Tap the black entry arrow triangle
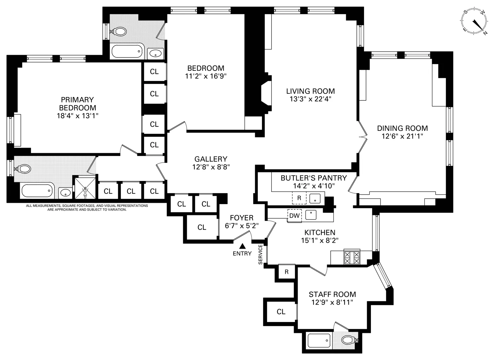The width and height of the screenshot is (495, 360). coord(243,246)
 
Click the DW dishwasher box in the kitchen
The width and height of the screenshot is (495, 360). coord(294,216)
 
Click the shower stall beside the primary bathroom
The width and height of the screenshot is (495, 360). coord(85,189)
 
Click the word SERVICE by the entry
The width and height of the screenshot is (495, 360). coord(260,254)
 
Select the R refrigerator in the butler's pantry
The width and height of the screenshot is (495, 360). coord(299,198)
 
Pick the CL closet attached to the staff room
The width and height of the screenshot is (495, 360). coord(281,312)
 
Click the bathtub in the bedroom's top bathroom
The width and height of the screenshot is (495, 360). coord(127,52)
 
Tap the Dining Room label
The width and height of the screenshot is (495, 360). coord(402,128)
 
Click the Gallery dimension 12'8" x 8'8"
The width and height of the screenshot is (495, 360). coord(211,167)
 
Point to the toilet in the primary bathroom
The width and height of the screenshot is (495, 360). coord(23,169)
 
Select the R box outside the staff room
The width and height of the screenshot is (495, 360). coord(286,272)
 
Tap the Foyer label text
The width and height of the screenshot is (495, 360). coord(242,218)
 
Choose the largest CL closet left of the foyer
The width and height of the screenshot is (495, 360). coord(202,227)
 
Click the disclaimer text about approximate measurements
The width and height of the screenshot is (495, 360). coord(87,207)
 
